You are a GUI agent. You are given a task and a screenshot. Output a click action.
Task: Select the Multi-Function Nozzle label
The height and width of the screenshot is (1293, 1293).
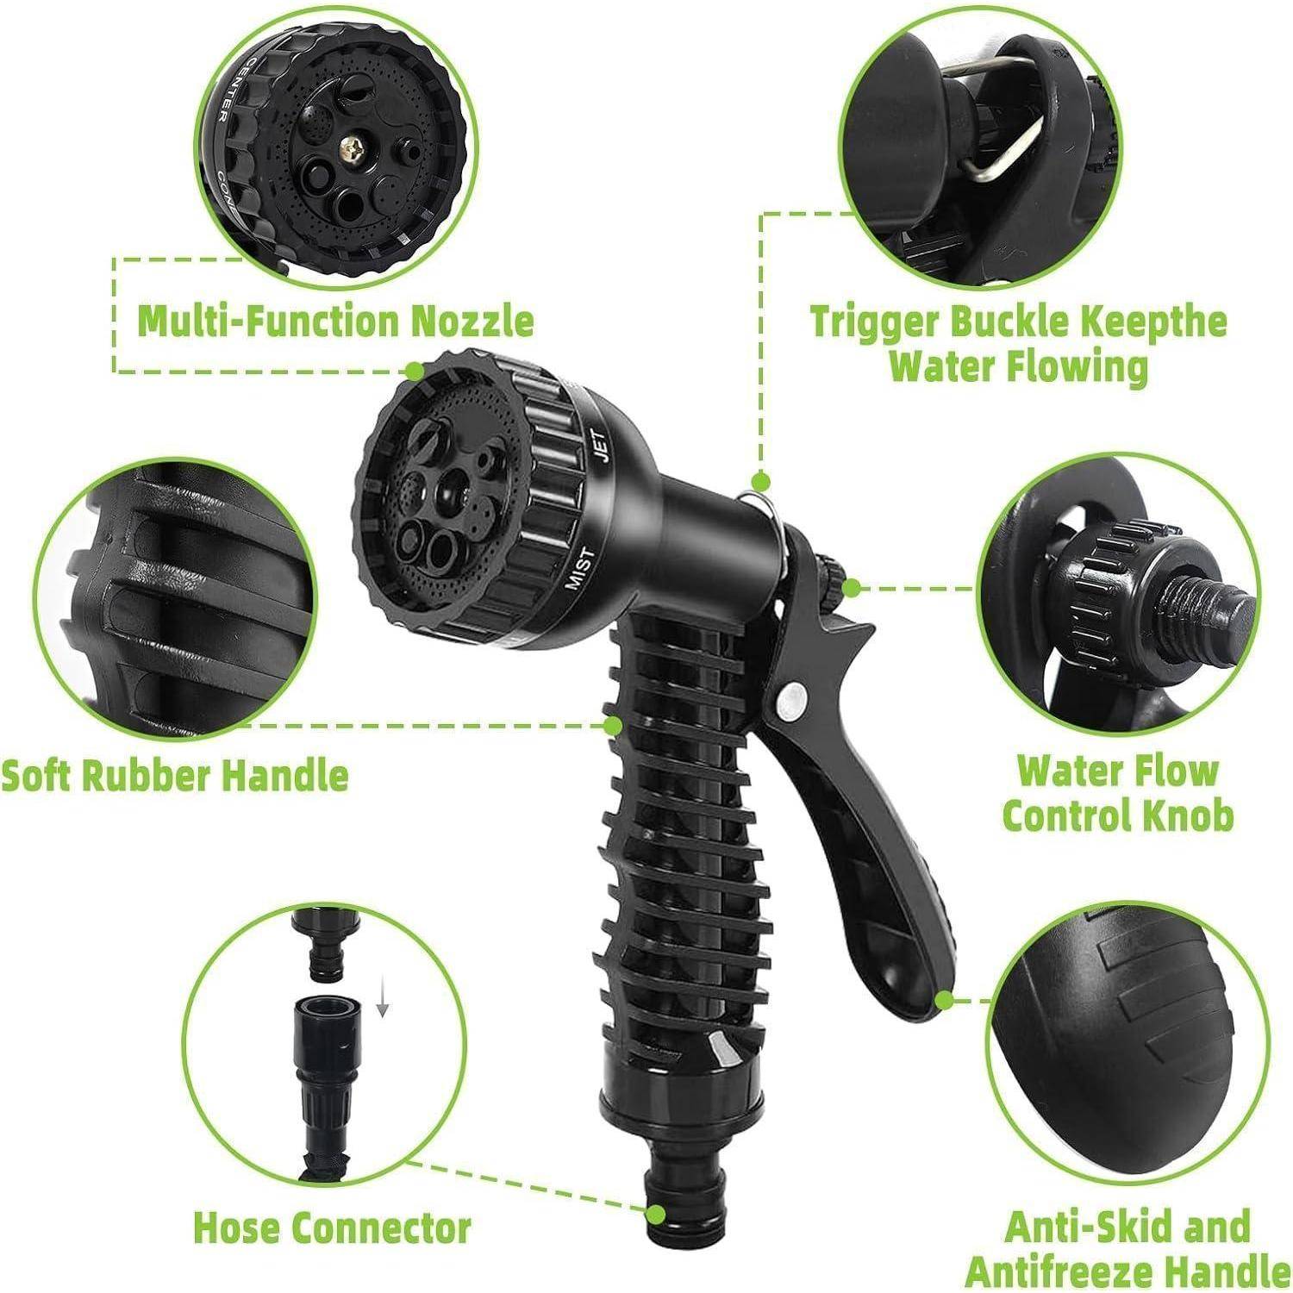[x=336, y=322]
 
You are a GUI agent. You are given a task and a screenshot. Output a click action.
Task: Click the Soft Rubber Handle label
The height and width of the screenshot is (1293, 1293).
[x=175, y=775]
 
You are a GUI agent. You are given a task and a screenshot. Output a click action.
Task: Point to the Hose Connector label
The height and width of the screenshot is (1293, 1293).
[x=333, y=1226]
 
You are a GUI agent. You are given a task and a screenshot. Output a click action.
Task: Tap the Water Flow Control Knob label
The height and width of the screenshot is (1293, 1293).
[x=1118, y=793]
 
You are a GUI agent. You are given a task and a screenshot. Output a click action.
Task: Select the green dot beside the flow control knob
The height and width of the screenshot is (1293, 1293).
[x=852, y=589]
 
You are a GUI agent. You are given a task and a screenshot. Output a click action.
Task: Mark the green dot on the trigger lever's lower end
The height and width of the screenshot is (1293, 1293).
[x=946, y=1001]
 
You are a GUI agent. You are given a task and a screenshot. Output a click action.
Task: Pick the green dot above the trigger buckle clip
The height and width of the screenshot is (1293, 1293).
[x=759, y=481]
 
